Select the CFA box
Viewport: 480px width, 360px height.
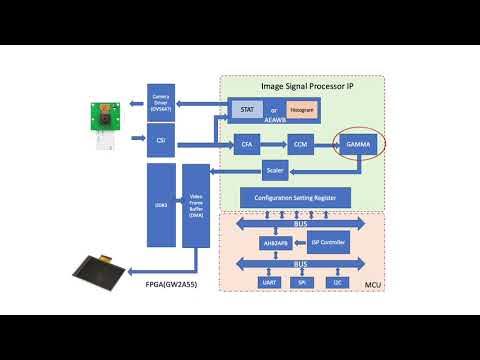coord(247,146)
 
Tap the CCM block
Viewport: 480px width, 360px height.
coord(301,146)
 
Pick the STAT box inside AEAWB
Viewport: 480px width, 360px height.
coord(244,107)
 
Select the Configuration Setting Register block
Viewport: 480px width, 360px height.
coord(295,198)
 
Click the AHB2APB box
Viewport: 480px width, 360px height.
coord(260,242)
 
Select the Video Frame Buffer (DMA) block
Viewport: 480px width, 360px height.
coord(196,206)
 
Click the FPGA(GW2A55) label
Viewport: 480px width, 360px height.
coord(177,296)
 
